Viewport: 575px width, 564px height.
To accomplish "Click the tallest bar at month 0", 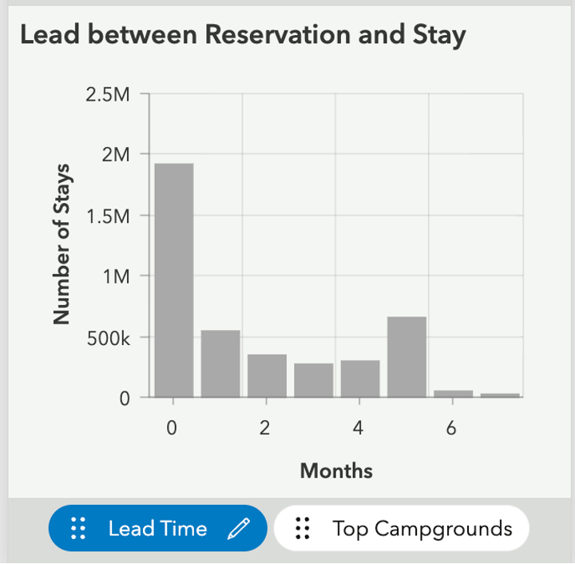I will coord(173,280).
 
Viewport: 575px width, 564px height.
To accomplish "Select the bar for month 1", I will coord(220,363).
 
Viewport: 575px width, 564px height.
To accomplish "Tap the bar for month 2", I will coord(267,375).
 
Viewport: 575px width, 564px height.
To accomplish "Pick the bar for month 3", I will coord(313,380).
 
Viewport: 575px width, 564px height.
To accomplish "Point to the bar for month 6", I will coord(453,393).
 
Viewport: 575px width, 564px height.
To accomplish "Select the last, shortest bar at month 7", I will coord(500,395).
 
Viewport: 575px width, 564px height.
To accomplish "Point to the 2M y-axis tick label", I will coord(116,155).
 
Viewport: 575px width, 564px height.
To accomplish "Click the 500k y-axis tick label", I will coord(108,337).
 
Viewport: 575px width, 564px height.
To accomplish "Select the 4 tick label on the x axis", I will coord(358,429).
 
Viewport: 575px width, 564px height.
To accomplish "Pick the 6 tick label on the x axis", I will coord(451,429).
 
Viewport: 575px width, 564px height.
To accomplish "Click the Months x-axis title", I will coord(336,471).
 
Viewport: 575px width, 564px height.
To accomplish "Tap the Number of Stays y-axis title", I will coord(61,244).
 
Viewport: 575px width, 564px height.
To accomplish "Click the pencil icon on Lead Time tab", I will coord(239,528).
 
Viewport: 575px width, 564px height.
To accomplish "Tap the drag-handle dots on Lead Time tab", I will coord(77,528).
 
